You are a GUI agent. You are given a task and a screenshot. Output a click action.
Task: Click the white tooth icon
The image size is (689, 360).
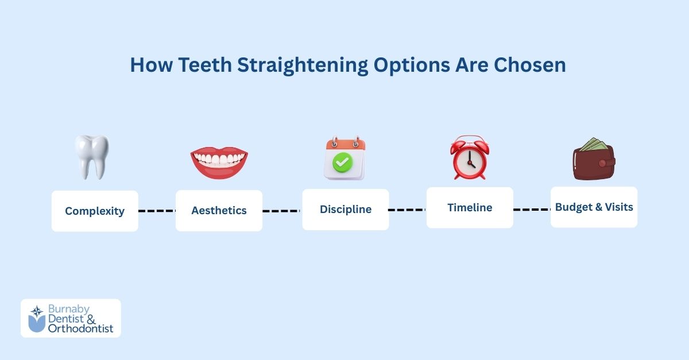(92, 157)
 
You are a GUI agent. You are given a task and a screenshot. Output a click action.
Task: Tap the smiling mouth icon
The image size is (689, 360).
(219, 162)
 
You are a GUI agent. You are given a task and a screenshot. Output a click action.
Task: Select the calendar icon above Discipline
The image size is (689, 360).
(344, 159)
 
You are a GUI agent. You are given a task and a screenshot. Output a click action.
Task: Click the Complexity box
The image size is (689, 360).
(95, 211)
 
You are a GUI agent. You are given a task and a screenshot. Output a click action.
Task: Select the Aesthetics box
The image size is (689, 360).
(219, 211)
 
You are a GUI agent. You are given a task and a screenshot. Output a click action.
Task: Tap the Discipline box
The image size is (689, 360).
(345, 210)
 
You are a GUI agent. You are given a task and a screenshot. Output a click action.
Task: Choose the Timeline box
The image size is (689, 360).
(470, 207)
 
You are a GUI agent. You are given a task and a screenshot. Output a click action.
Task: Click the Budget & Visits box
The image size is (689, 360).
(594, 207)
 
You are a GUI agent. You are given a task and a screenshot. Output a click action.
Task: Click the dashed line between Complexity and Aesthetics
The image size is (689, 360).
(157, 211)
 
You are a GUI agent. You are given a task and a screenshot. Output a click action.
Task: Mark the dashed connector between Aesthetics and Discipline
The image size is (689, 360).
(282, 211)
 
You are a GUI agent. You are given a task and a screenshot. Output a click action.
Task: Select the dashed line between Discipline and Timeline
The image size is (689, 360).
(407, 210)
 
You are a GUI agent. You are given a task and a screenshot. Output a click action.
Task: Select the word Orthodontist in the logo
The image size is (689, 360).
(80, 328)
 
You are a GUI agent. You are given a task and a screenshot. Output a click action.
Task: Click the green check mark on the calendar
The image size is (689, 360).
(343, 163)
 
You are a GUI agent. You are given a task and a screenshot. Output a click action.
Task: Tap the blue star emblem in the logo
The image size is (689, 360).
(37, 312)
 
